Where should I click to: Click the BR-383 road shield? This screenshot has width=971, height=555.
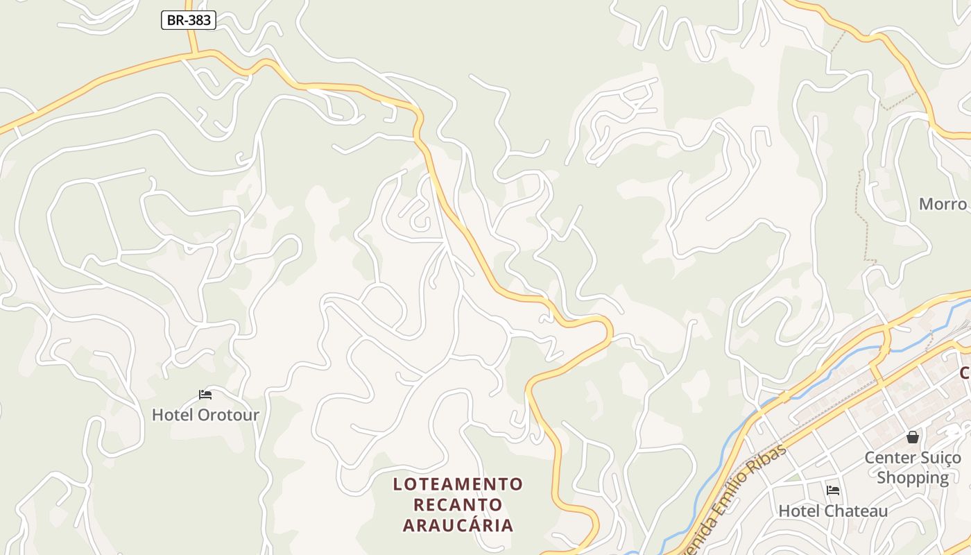(189, 20)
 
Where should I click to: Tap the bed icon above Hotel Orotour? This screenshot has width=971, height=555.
(205, 395)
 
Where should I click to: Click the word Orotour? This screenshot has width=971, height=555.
(228, 415)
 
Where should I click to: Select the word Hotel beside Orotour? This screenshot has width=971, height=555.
(173, 415)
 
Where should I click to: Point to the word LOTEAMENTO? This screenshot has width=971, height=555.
(458, 484)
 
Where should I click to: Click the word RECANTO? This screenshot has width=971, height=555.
(458, 504)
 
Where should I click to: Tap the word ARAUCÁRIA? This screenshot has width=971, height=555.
(458, 525)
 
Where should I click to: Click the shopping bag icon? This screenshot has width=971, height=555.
(912, 437)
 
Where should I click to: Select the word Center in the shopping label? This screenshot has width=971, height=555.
(891, 458)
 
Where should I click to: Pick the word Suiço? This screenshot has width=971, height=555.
(941, 458)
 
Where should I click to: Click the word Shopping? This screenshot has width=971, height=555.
(913, 477)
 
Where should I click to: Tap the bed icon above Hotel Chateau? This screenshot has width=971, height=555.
(833, 490)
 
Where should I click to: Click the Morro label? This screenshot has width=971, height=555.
(943, 204)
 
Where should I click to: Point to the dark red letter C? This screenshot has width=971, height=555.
(965, 373)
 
